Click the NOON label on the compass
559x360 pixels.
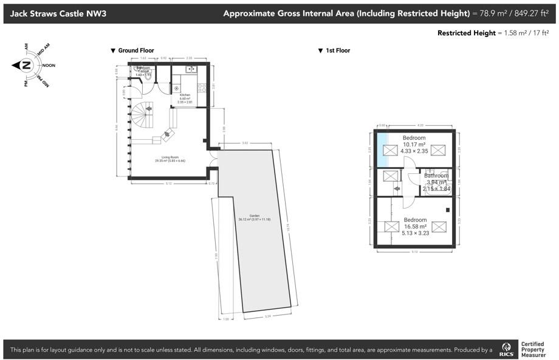49,65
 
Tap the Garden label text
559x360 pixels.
254,217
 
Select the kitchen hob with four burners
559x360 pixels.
202,88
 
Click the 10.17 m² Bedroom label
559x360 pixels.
414,144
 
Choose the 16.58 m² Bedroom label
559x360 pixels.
416,226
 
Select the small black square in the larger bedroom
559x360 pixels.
447,210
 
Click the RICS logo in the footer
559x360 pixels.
506,350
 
